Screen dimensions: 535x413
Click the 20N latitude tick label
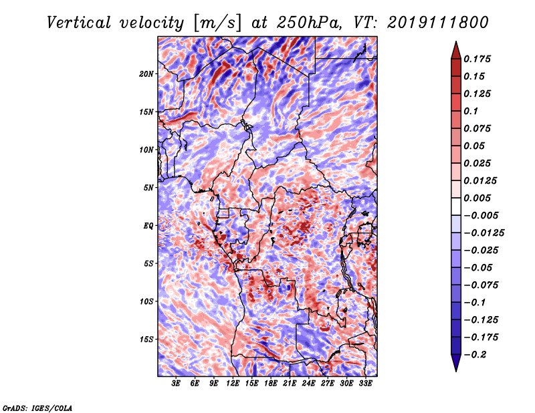[146, 74]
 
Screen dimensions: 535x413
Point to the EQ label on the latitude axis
[148, 226]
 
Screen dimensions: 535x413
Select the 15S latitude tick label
[146, 339]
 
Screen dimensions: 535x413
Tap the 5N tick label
[148, 188]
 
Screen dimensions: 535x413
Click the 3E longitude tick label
[176, 384]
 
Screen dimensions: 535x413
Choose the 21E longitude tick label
[290, 384]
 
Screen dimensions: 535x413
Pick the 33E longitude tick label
[365, 384]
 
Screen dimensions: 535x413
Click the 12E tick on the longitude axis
[232, 384]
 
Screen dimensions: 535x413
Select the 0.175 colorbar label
[477, 59]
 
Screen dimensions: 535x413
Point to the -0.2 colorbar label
[475, 355]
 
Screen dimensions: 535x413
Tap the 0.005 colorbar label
[477, 198]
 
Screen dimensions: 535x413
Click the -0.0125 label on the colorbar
[484, 233]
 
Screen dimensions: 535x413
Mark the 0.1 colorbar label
[471, 111]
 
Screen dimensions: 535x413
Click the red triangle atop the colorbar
[456, 51]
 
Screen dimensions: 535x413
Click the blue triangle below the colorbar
[456, 362]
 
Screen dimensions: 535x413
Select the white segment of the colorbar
[456, 206]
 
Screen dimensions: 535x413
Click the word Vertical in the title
[78, 23]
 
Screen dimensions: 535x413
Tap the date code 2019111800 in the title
[438, 23]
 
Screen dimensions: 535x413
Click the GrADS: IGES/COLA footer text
[37, 408]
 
